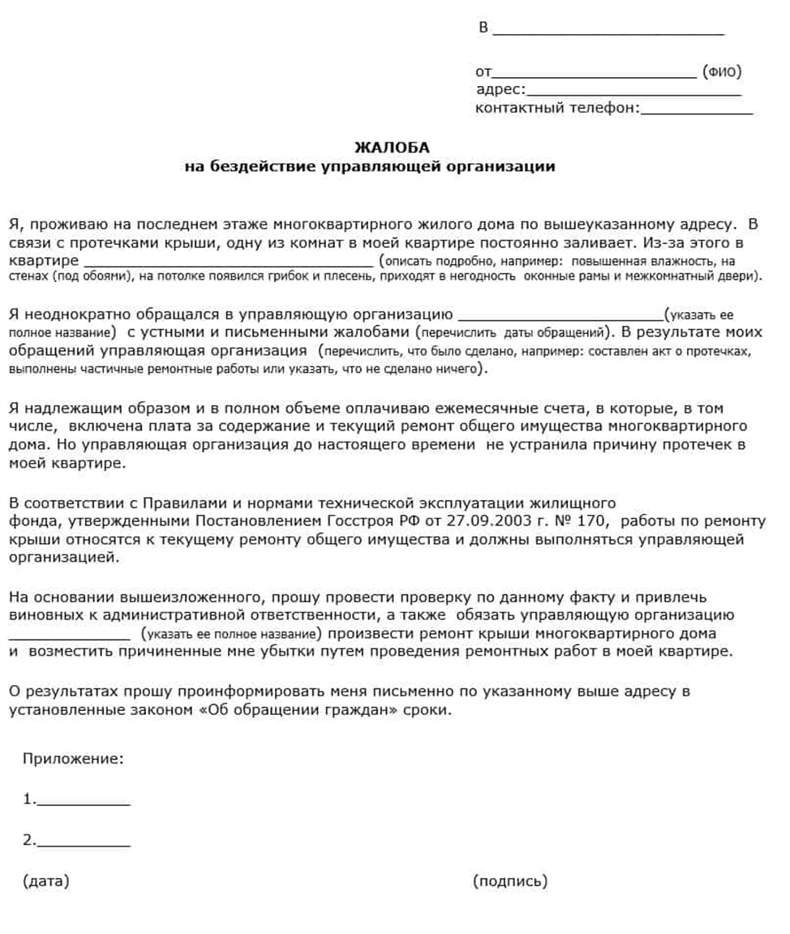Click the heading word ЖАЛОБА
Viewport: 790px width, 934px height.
click(392, 148)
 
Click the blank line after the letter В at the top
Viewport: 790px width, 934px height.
click(608, 33)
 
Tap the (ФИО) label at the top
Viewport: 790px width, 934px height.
click(722, 71)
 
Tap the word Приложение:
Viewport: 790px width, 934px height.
click(74, 759)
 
